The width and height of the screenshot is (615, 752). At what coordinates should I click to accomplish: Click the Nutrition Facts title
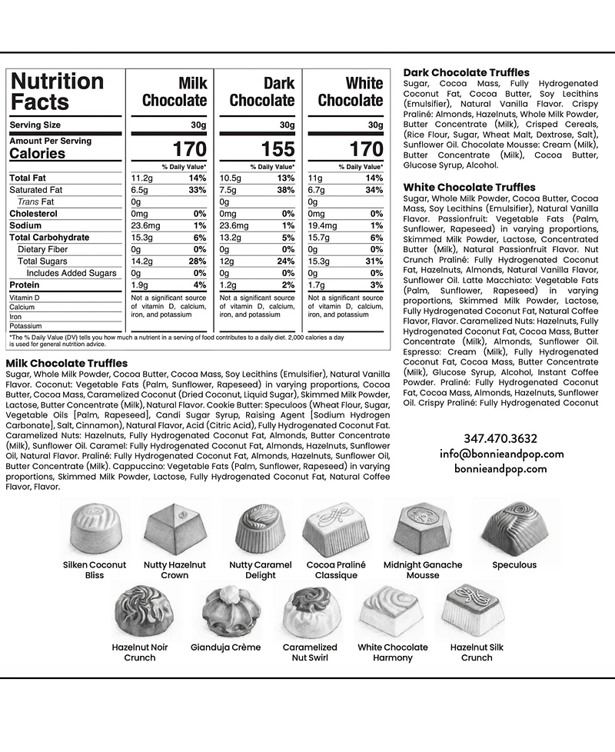click(57, 92)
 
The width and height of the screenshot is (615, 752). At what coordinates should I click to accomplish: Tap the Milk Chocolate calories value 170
click(189, 148)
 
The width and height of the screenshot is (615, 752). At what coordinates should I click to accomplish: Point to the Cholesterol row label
click(33, 214)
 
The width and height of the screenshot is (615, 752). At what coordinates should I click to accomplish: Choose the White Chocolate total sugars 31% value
click(374, 261)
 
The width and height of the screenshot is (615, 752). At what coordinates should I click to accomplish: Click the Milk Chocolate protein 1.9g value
click(139, 285)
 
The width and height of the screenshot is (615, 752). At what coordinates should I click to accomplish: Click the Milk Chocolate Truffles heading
click(66, 363)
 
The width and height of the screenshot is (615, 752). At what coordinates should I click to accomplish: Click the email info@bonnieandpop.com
click(501, 454)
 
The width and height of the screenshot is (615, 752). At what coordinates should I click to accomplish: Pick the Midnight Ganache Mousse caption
click(424, 570)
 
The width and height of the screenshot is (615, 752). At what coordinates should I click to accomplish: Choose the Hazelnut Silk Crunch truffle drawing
click(475, 610)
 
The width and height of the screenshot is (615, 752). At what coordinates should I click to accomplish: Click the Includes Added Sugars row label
click(71, 273)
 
